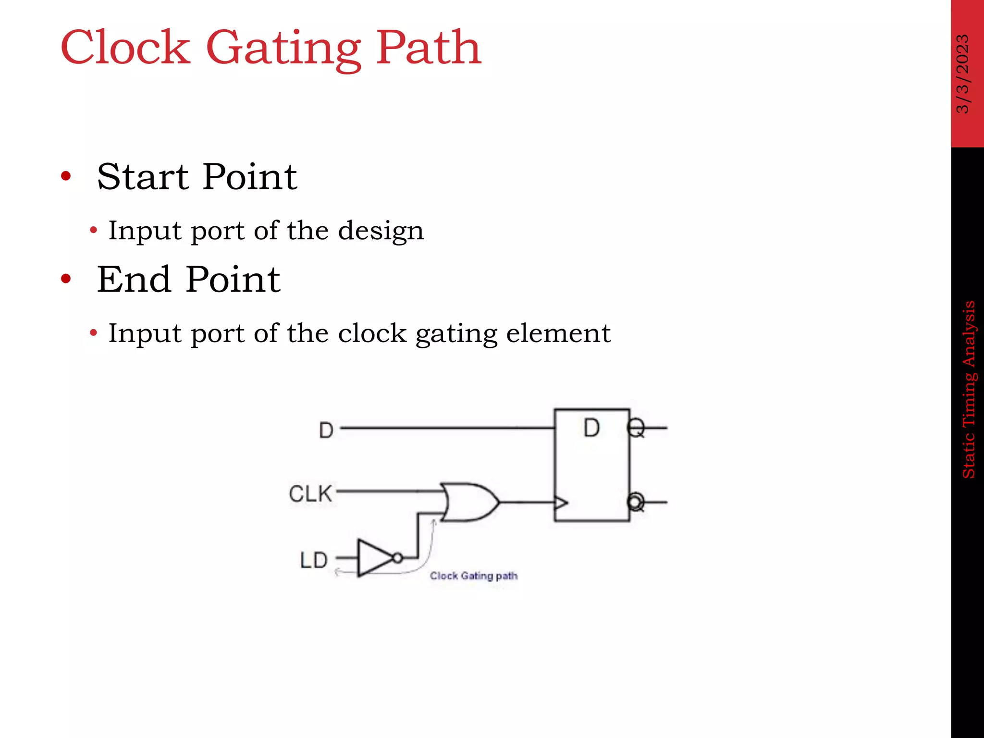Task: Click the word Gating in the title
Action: pos(283,48)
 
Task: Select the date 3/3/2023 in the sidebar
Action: pos(963,74)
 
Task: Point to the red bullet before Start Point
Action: pos(66,176)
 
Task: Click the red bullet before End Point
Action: pos(66,279)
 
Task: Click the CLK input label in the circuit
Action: pos(310,493)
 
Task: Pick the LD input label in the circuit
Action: pos(314,560)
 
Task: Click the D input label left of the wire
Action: pos(326,430)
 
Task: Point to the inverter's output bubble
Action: pos(398,558)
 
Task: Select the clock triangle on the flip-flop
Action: pos(561,503)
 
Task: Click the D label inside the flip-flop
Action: pos(591,428)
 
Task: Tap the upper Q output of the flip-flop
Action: pos(636,428)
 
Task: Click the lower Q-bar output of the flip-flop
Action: pos(636,502)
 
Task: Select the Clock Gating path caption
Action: pos(474,576)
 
